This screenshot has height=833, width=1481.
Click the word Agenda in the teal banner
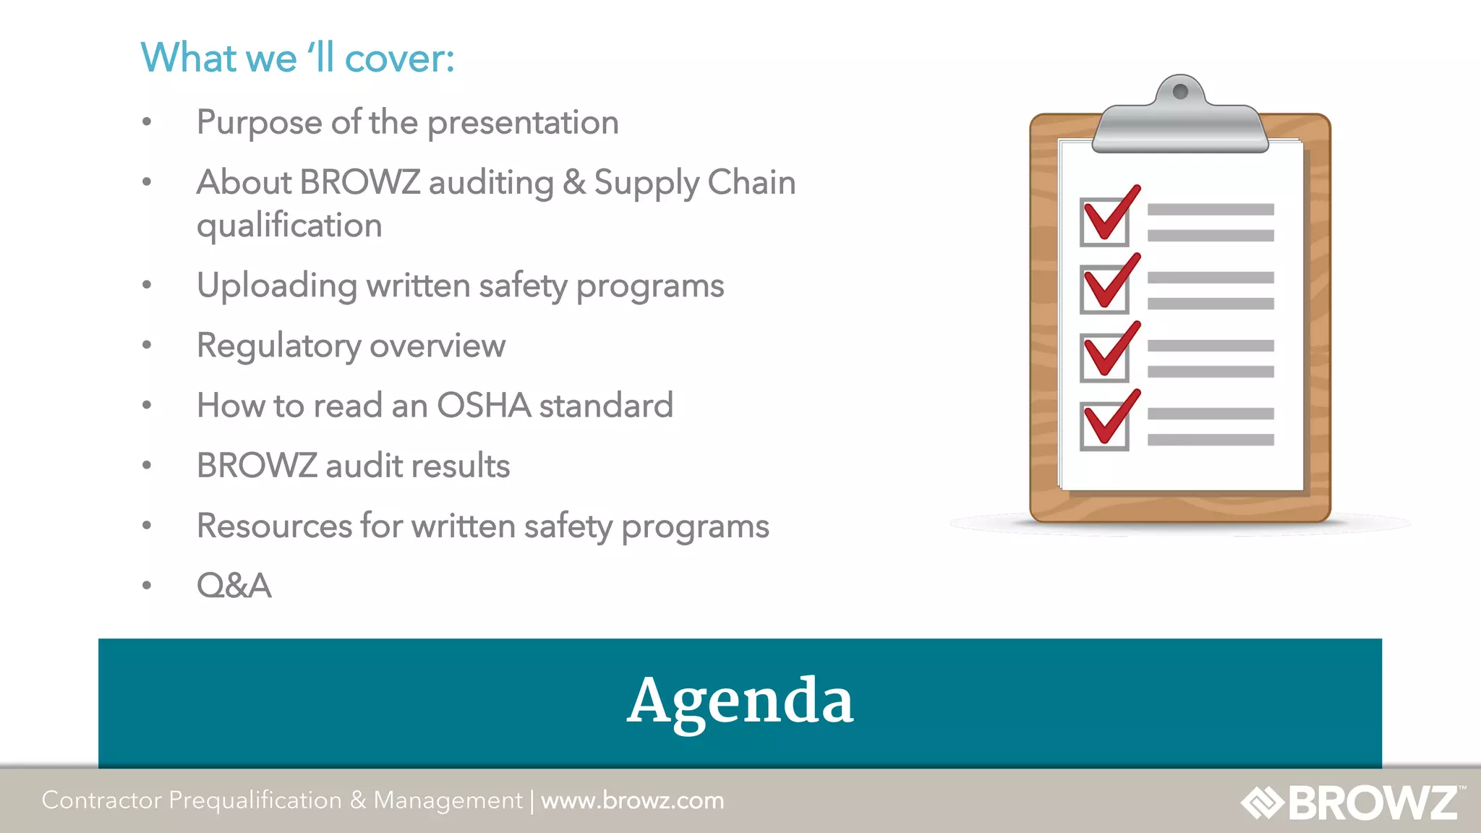click(x=740, y=701)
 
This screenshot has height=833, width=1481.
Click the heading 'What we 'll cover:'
click(x=297, y=58)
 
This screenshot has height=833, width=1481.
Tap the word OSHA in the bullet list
click(x=484, y=406)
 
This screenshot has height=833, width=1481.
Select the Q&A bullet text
click(x=234, y=586)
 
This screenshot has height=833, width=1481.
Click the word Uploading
click(x=277, y=286)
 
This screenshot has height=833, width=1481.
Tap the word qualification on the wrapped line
click(x=289, y=226)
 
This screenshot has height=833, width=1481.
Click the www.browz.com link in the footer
click(x=632, y=800)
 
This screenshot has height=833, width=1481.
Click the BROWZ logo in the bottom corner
click(x=1352, y=802)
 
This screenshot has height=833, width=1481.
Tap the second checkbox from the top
click(x=1104, y=289)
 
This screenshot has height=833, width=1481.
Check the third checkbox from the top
click(x=1104, y=357)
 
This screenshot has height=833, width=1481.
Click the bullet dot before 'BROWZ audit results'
click(x=147, y=465)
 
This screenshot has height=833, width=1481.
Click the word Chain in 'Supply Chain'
click(x=751, y=182)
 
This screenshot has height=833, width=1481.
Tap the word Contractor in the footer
click(x=101, y=800)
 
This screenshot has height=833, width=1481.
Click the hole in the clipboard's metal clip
click(x=1180, y=91)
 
